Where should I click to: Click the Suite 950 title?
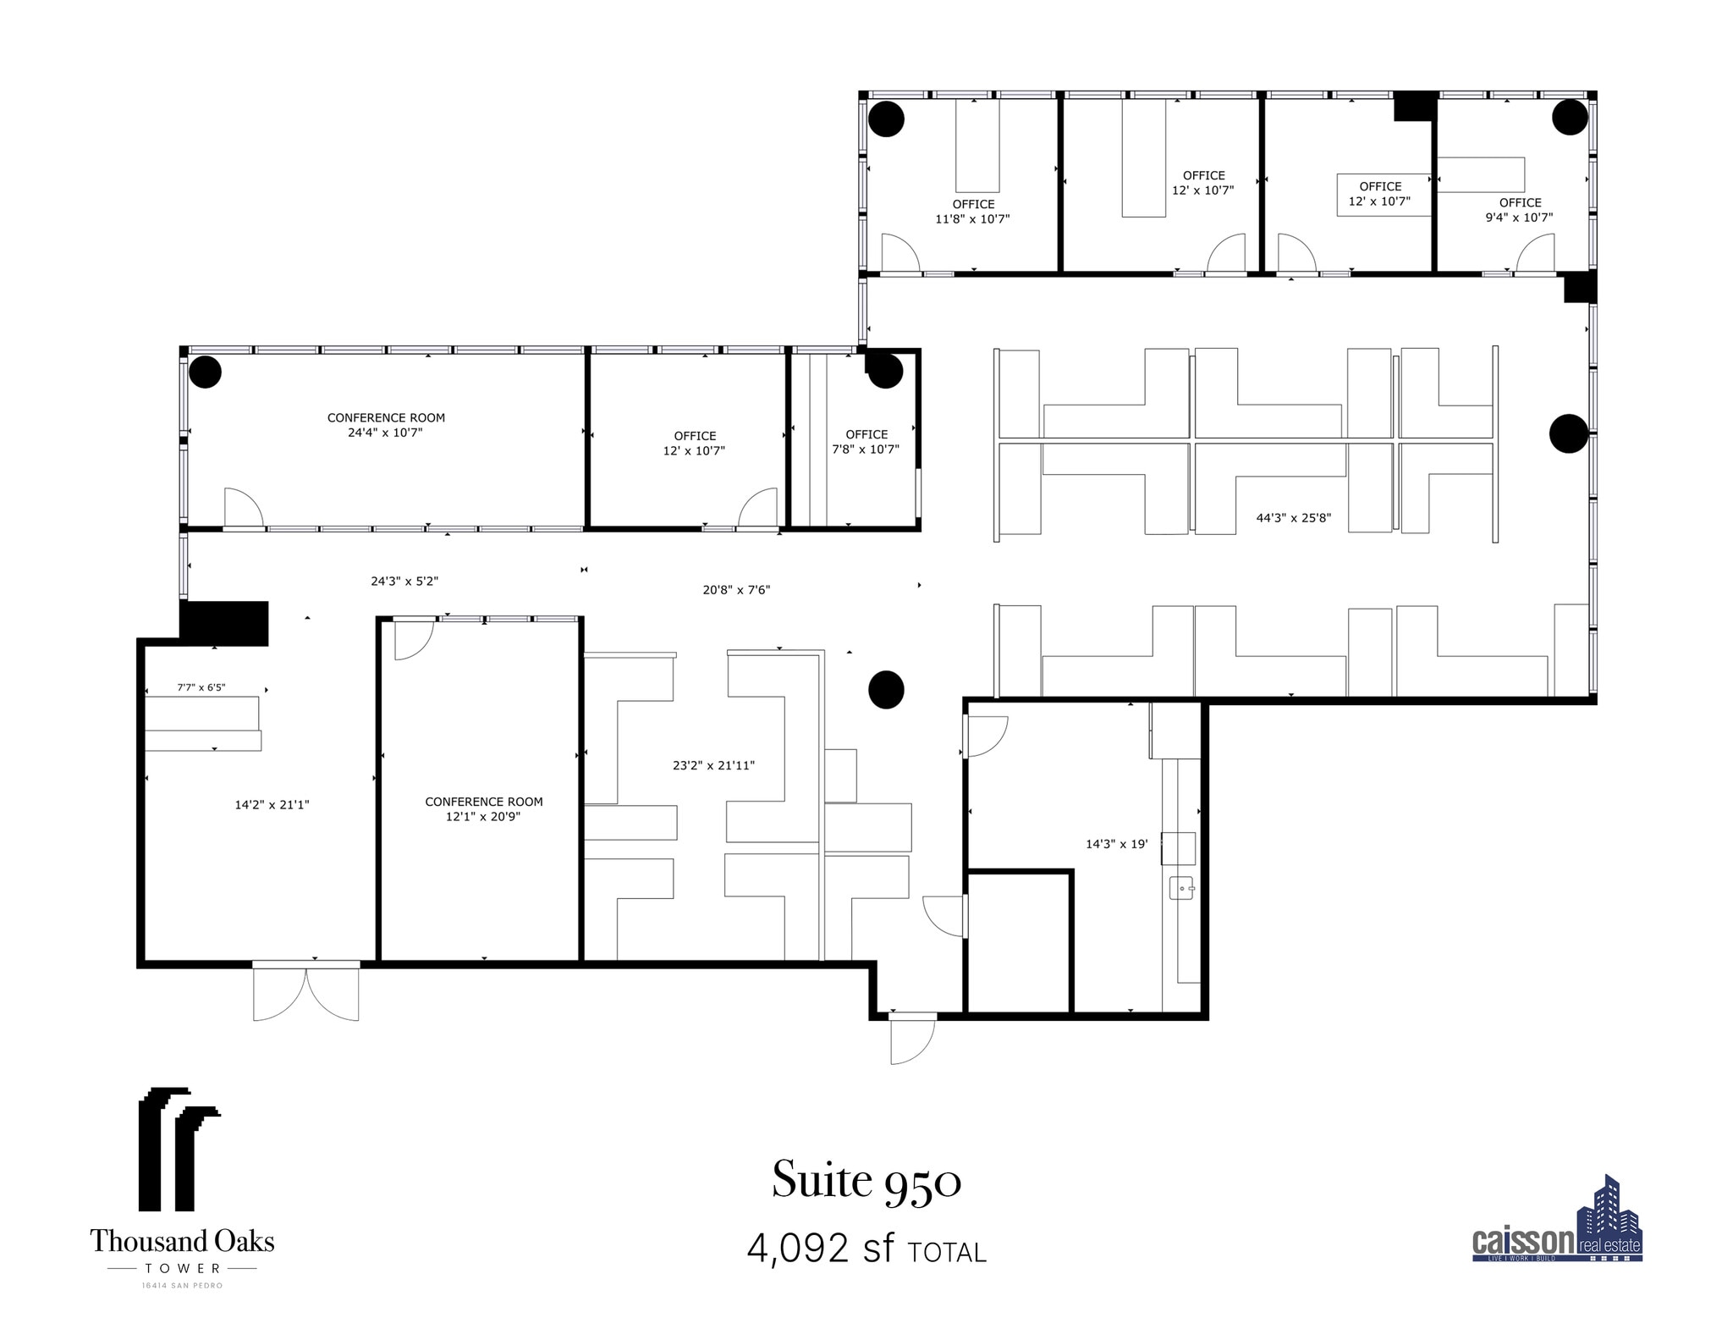(x=866, y=1180)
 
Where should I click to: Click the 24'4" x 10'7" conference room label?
(x=386, y=425)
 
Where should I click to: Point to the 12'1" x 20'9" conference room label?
(x=483, y=809)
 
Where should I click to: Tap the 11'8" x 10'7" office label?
(x=972, y=212)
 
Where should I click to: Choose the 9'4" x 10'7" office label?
(x=1519, y=210)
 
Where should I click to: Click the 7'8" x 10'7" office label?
(x=866, y=442)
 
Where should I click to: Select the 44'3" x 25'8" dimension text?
(x=1293, y=518)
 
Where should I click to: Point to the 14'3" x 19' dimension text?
(x=1116, y=844)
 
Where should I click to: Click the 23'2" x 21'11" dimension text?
(x=713, y=766)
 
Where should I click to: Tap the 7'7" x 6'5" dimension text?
(x=201, y=687)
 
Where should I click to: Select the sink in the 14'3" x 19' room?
(x=1181, y=887)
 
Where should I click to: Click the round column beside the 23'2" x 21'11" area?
(x=886, y=689)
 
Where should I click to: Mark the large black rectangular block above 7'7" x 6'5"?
(x=224, y=623)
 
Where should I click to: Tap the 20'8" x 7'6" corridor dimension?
(x=736, y=590)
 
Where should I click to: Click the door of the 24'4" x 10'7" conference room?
(x=244, y=508)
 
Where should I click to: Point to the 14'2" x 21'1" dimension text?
(x=272, y=805)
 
